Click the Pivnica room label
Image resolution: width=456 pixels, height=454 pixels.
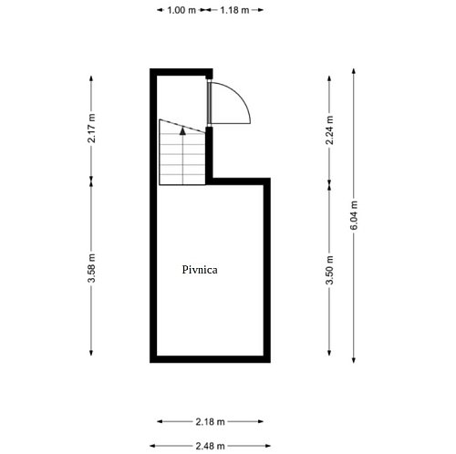200,270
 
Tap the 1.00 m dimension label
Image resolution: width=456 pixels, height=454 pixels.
181,10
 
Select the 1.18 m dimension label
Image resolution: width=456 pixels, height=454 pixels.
234,10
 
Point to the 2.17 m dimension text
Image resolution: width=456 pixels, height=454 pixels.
91,128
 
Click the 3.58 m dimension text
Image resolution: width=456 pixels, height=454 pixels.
91,268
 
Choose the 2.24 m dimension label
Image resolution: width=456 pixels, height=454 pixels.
329,130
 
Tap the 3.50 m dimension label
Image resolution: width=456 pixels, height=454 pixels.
329,270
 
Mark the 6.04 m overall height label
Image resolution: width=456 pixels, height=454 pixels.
354,215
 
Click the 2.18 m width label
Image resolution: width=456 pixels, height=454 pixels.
210,421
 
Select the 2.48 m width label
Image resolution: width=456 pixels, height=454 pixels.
210,446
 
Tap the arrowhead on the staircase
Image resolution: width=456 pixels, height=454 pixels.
182,131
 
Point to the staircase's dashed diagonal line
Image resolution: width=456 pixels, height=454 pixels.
182,126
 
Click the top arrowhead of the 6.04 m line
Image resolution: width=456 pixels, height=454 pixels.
354,71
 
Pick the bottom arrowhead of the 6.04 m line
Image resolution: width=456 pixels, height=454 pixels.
354,360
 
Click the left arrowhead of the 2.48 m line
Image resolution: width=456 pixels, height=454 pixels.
152,446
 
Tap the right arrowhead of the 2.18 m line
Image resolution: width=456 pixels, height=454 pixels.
261,421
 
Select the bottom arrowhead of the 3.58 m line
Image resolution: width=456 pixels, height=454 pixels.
91,353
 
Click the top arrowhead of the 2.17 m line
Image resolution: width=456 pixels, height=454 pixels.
91,78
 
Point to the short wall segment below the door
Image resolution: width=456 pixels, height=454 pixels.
209,152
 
